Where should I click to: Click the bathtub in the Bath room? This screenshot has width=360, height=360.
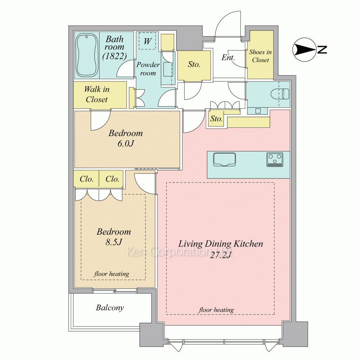pyautogui.click(x=87, y=55)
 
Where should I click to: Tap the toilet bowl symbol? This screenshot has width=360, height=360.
pyautogui.click(x=280, y=94)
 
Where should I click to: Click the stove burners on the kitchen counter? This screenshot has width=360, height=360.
pyautogui.click(x=275, y=159)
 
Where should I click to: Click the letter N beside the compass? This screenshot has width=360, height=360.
pyautogui.click(x=322, y=50)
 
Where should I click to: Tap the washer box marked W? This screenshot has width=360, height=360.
pyautogui.click(x=147, y=41)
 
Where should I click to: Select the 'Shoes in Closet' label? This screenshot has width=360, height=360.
pyautogui.click(x=260, y=56)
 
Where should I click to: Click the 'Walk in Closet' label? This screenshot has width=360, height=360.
pyautogui.click(x=96, y=94)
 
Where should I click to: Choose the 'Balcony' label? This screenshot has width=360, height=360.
pyautogui.click(x=110, y=308)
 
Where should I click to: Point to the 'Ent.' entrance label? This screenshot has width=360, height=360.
pyautogui.click(x=228, y=57)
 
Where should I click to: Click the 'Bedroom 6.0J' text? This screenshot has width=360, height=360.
pyautogui.click(x=126, y=138)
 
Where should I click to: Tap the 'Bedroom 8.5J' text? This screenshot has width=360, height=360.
pyautogui.click(x=114, y=237)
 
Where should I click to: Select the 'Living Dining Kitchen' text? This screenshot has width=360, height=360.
pyautogui.click(x=221, y=244)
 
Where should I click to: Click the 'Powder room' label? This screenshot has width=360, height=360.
pyautogui.click(x=148, y=69)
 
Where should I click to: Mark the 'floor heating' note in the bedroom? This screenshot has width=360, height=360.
pyautogui.click(x=112, y=274)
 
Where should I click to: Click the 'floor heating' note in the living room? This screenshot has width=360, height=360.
pyautogui.click(x=216, y=310)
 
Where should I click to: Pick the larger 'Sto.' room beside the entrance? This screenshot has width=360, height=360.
pyautogui.click(x=194, y=66)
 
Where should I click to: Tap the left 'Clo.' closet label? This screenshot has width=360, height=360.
pyautogui.click(x=86, y=179)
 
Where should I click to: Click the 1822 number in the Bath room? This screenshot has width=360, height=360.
pyautogui.click(x=114, y=56)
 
